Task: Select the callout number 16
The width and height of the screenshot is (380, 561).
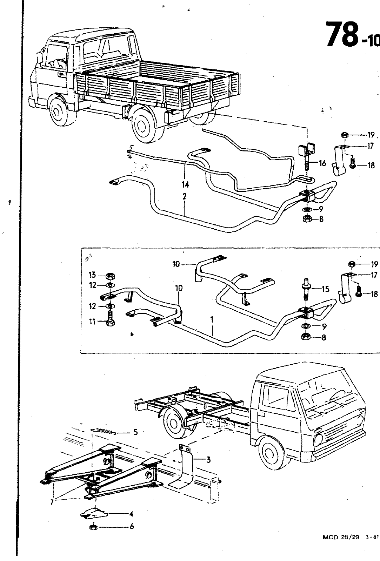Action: pyautogui.click(x=323, y=163)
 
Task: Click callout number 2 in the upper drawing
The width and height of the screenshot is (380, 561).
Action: pyautogui.click(x=184, y=197)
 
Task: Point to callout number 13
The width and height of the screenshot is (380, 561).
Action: pyautogui.click(x=92, y=275)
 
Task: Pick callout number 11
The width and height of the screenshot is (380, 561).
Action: pyautogui.click(x=92, y=321)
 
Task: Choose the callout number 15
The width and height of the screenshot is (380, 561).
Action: pyautogui.click(x=326, y=289)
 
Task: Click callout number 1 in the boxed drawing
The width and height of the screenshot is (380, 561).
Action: pyautogui.click(x=212, y=319)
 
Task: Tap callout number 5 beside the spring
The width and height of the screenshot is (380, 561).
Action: pyautogui.click(x=135, y=432)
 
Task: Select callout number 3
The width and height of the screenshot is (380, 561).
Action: pyautogui.click(x=208, y=460)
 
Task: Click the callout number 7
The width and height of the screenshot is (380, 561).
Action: pyautogui.click(x=52, y=502)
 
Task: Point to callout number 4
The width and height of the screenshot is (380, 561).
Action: pyautogui.click(x=131, y=514)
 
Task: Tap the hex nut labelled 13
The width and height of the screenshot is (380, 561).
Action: pyautogui.click(x=109, y=276)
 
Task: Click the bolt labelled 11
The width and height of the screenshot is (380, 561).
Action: pyautogui.click(x=110, y=320)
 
